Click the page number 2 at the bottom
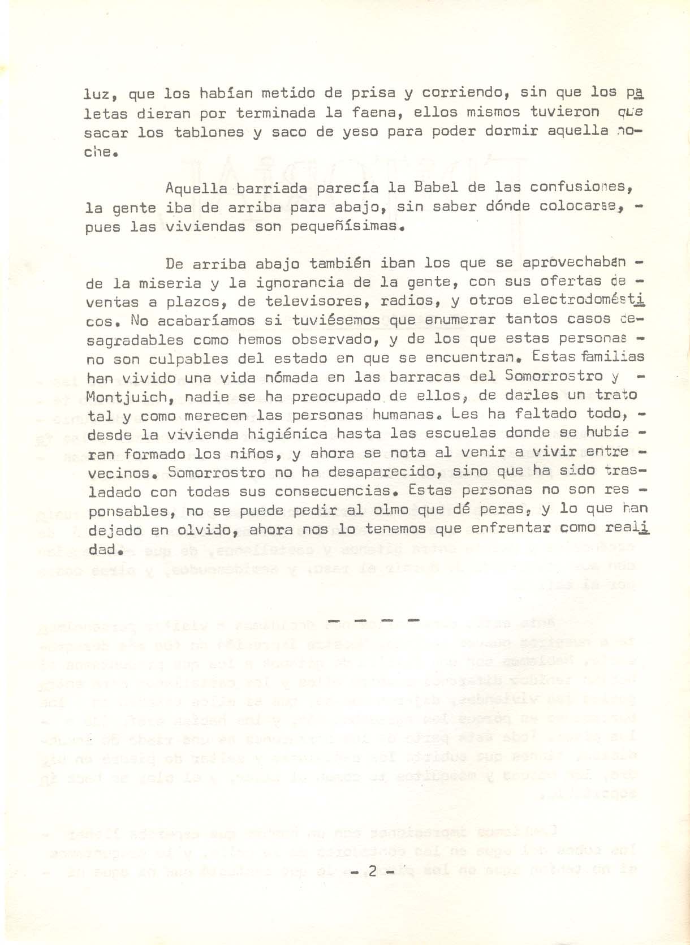(x=372, y=871)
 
